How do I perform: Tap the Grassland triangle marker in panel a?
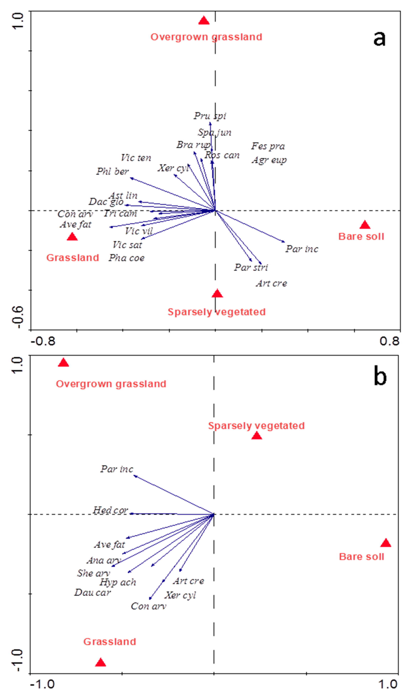(x=72, y=237)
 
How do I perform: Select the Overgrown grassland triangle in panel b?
(x=63, y=363)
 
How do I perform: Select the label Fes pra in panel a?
(x=268, y=146)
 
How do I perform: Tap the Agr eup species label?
(x=269, y=160)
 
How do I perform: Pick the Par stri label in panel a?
(x=251, y=267)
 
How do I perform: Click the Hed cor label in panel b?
(x=110, y=510)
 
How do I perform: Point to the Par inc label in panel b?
(x=117, y=469)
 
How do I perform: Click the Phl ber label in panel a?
(x=112, y=172)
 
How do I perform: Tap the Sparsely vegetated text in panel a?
(x=217, y=312)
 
